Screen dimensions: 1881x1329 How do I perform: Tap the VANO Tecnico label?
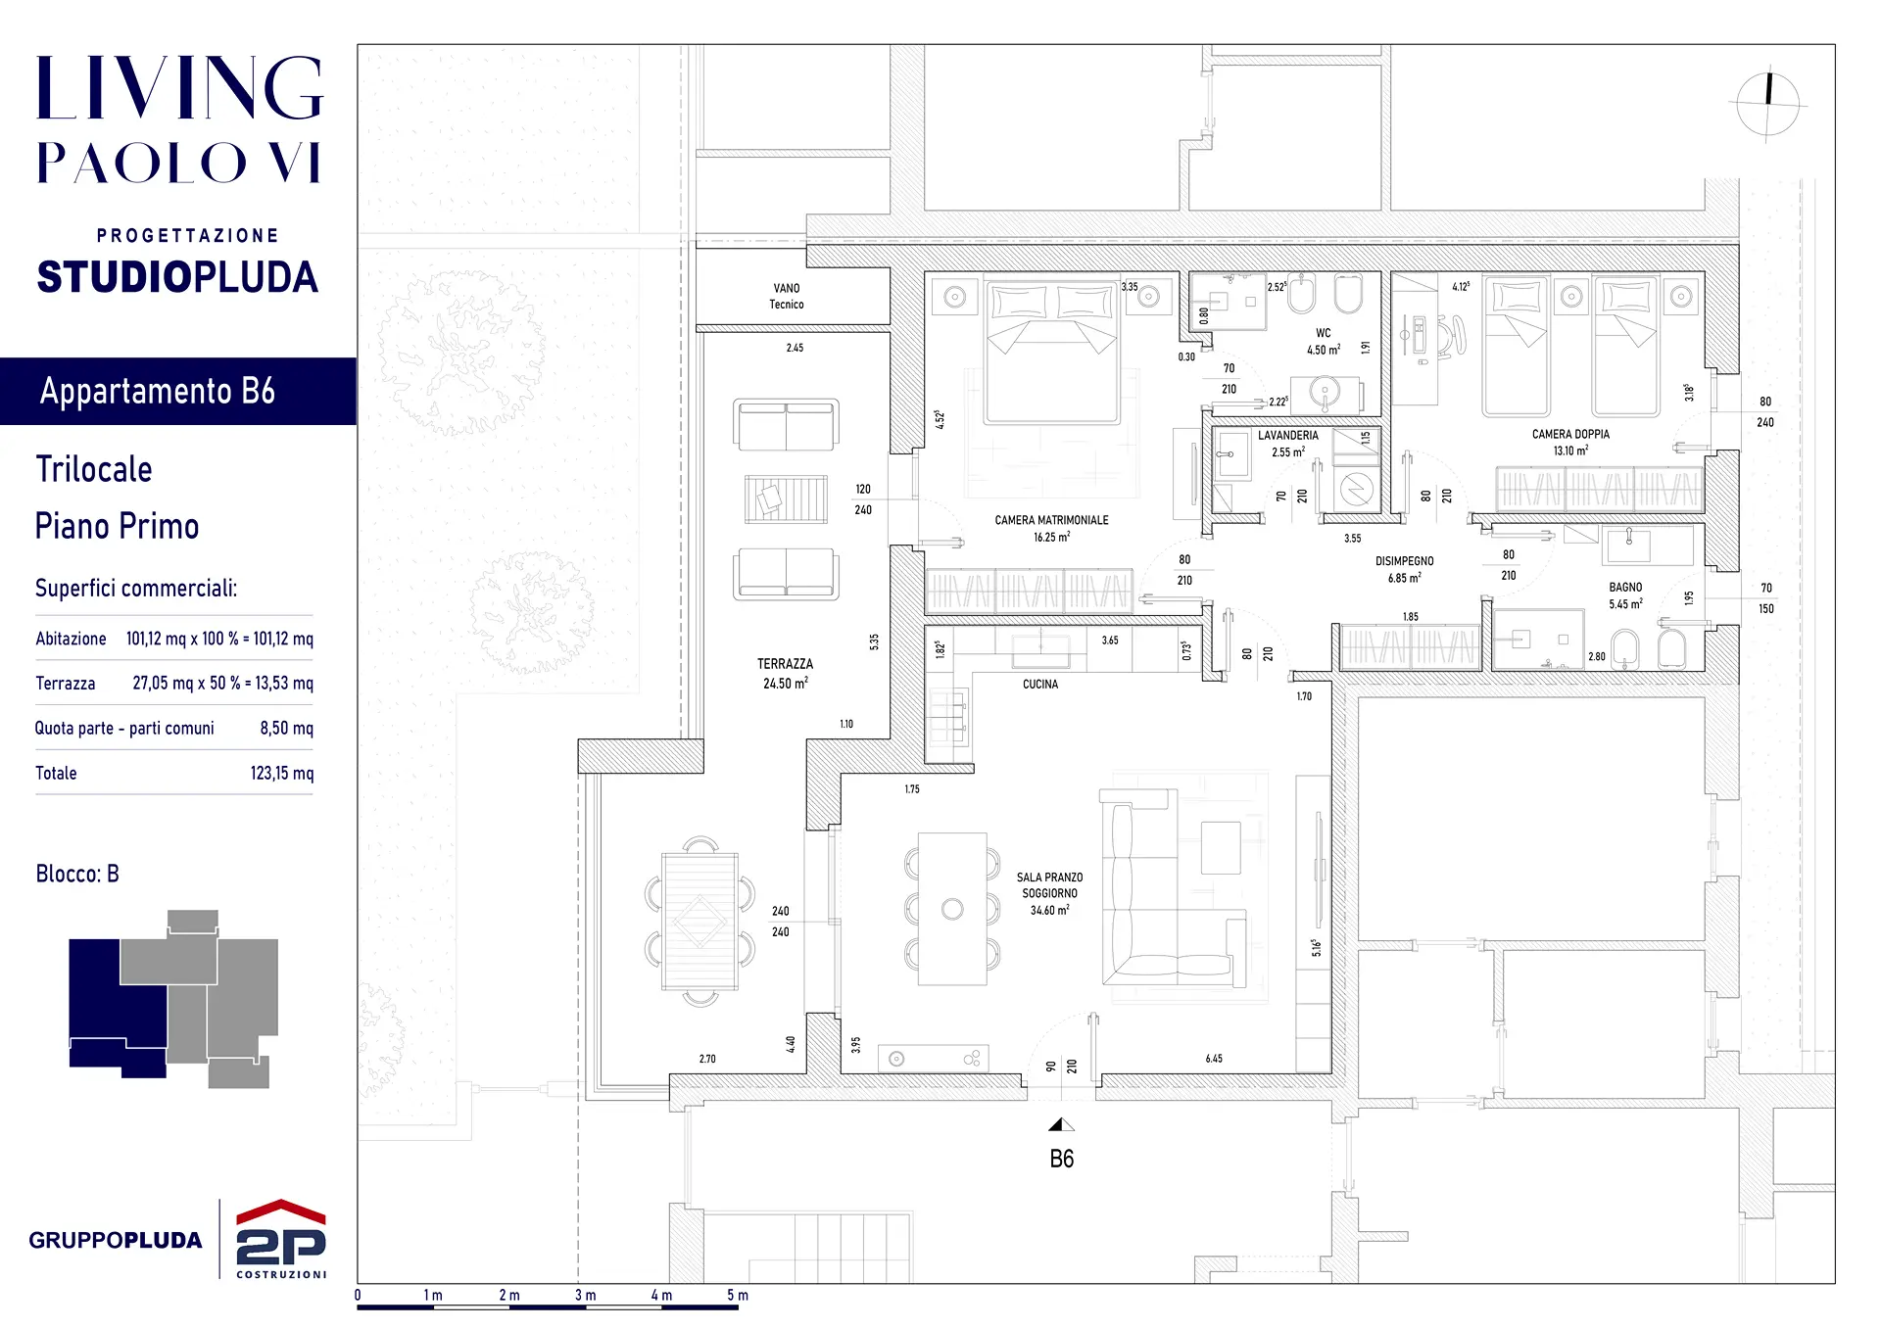pos(787,296)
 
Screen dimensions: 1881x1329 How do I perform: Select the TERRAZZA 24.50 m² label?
pos(785,673)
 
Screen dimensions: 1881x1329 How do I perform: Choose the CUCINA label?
pos(1040,685)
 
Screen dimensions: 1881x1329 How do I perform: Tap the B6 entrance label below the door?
pos(1061,1160)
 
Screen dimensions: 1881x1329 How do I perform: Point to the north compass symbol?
pos(1768,105)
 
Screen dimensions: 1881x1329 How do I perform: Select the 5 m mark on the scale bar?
pos(737,1295)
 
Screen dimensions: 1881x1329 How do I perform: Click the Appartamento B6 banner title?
pos(158,391)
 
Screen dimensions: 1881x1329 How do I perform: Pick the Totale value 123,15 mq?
pos(282,773)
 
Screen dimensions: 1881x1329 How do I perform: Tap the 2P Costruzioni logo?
pos(281,1238)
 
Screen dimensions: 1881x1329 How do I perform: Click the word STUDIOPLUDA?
pos(177,277)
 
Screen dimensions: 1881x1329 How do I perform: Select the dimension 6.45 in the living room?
pos(1214,1059)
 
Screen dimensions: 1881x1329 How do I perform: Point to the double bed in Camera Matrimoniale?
pos(1052,352)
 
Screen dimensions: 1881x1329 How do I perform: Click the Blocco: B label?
pos(77,874)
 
